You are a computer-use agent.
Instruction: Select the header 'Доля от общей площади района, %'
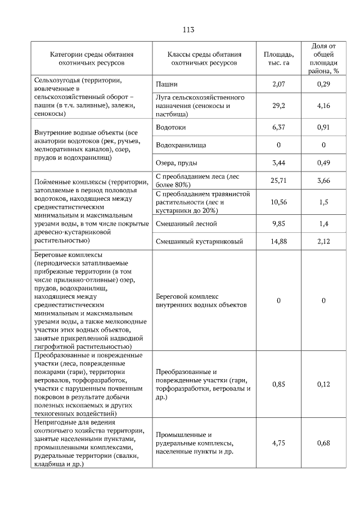[x=323, y=58]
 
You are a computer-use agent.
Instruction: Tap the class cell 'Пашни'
[x=166, y=84]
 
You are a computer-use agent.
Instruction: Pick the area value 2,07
[x=279, y=84]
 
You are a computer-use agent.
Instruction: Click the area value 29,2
[x=279, y=105]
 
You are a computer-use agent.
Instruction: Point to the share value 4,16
[x=323, y=105]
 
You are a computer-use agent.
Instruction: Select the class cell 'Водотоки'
[x=171, y=127]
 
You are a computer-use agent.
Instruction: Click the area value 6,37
[x=279, y=127]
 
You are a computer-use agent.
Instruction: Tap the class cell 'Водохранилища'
[x=181, y=145]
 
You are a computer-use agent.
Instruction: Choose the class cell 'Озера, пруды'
[x=175, y=163]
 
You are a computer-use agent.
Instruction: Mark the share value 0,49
[x=323, y=163]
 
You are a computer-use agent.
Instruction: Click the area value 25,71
[x=279, y=181]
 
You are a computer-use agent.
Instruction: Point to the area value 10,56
[x=279, y=202]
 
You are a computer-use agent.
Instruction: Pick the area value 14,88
[x=279, y=242]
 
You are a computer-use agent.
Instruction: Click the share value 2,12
[x=323, y=242]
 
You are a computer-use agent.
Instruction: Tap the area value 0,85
[x=279, y=384]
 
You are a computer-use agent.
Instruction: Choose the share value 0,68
[x=323, y=443]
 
